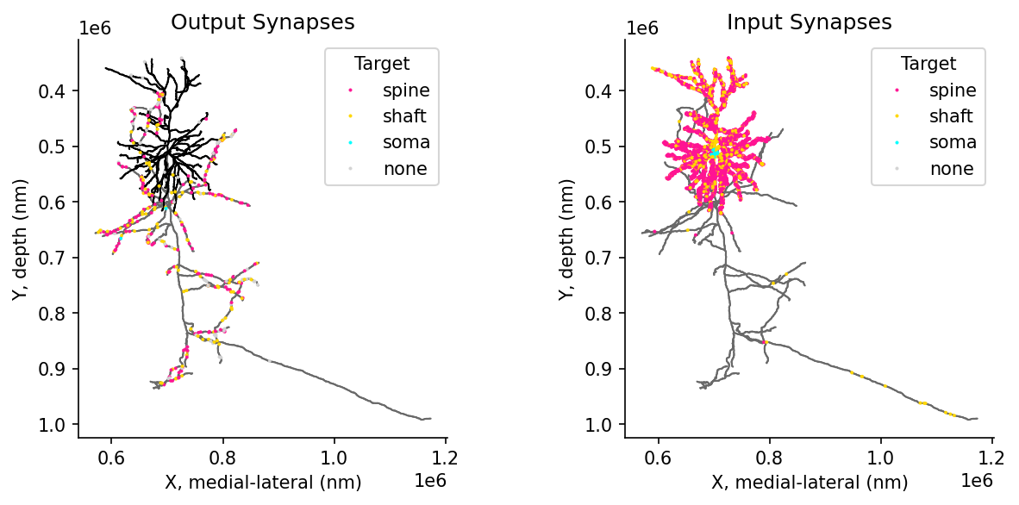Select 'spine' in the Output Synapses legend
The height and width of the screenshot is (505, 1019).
point(406,90)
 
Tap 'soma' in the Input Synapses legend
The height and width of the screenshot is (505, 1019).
point(953,142)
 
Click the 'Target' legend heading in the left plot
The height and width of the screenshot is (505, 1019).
point(381,63)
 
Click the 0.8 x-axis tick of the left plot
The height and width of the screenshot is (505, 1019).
point(223,457)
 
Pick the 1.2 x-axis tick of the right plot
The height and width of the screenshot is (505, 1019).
point(992,457)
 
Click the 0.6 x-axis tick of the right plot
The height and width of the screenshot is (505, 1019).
point(659,457)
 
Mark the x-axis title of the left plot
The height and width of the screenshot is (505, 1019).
point(263,483)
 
